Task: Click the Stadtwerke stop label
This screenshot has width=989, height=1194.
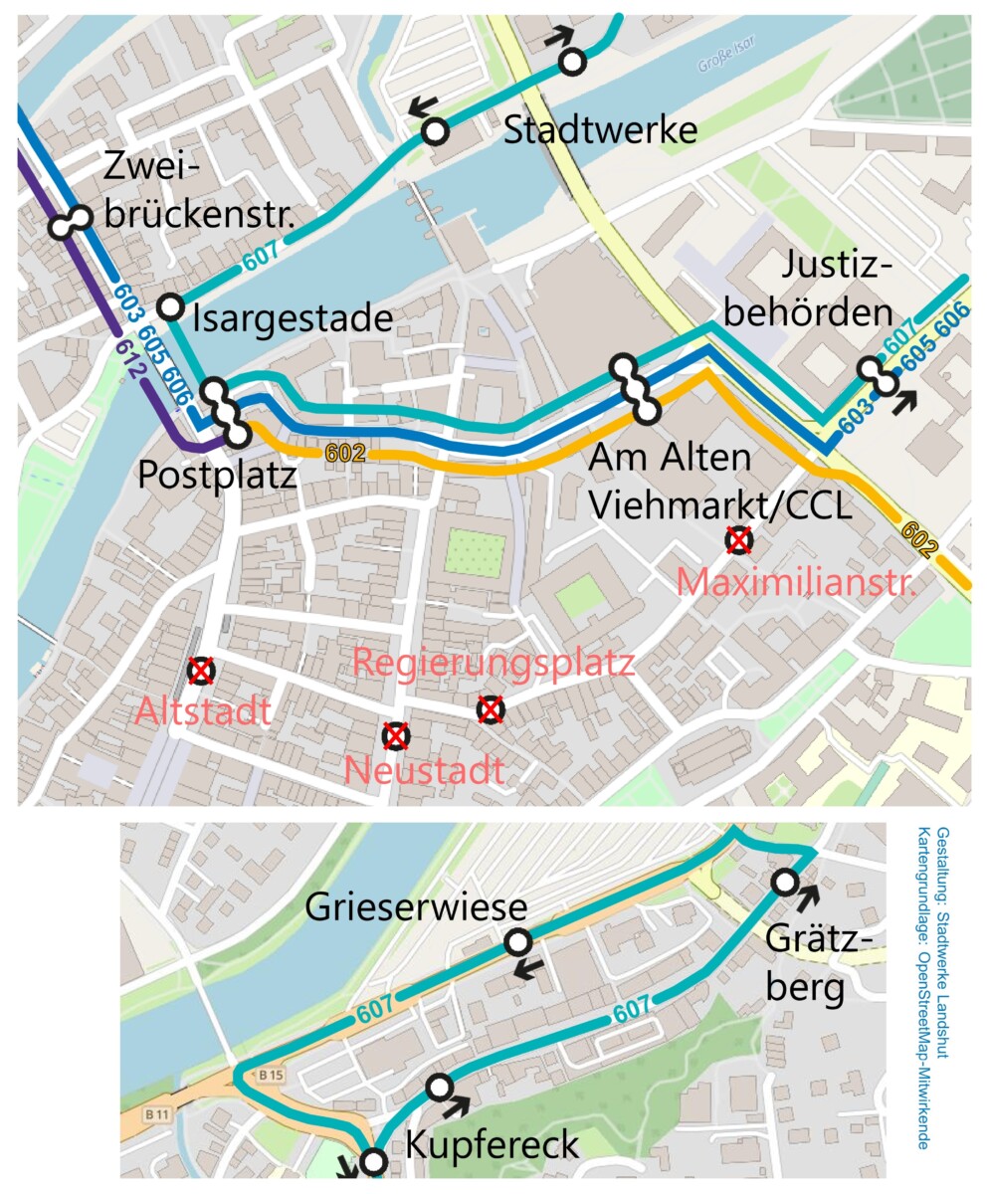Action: (600, 130)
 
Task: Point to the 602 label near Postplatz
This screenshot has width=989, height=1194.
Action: (345, 453)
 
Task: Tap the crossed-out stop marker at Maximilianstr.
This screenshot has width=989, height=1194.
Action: (738, 540)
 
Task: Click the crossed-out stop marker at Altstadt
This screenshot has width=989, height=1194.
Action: (202, 671)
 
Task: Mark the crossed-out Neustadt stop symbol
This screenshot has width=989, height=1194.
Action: (396, 736)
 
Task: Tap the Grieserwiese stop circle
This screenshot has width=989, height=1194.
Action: (517, 942)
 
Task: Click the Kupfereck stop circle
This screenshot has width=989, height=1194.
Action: (439, 1088)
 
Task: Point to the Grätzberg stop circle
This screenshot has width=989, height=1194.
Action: (784, 882)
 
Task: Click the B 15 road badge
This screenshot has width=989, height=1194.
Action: (272, 1075)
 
